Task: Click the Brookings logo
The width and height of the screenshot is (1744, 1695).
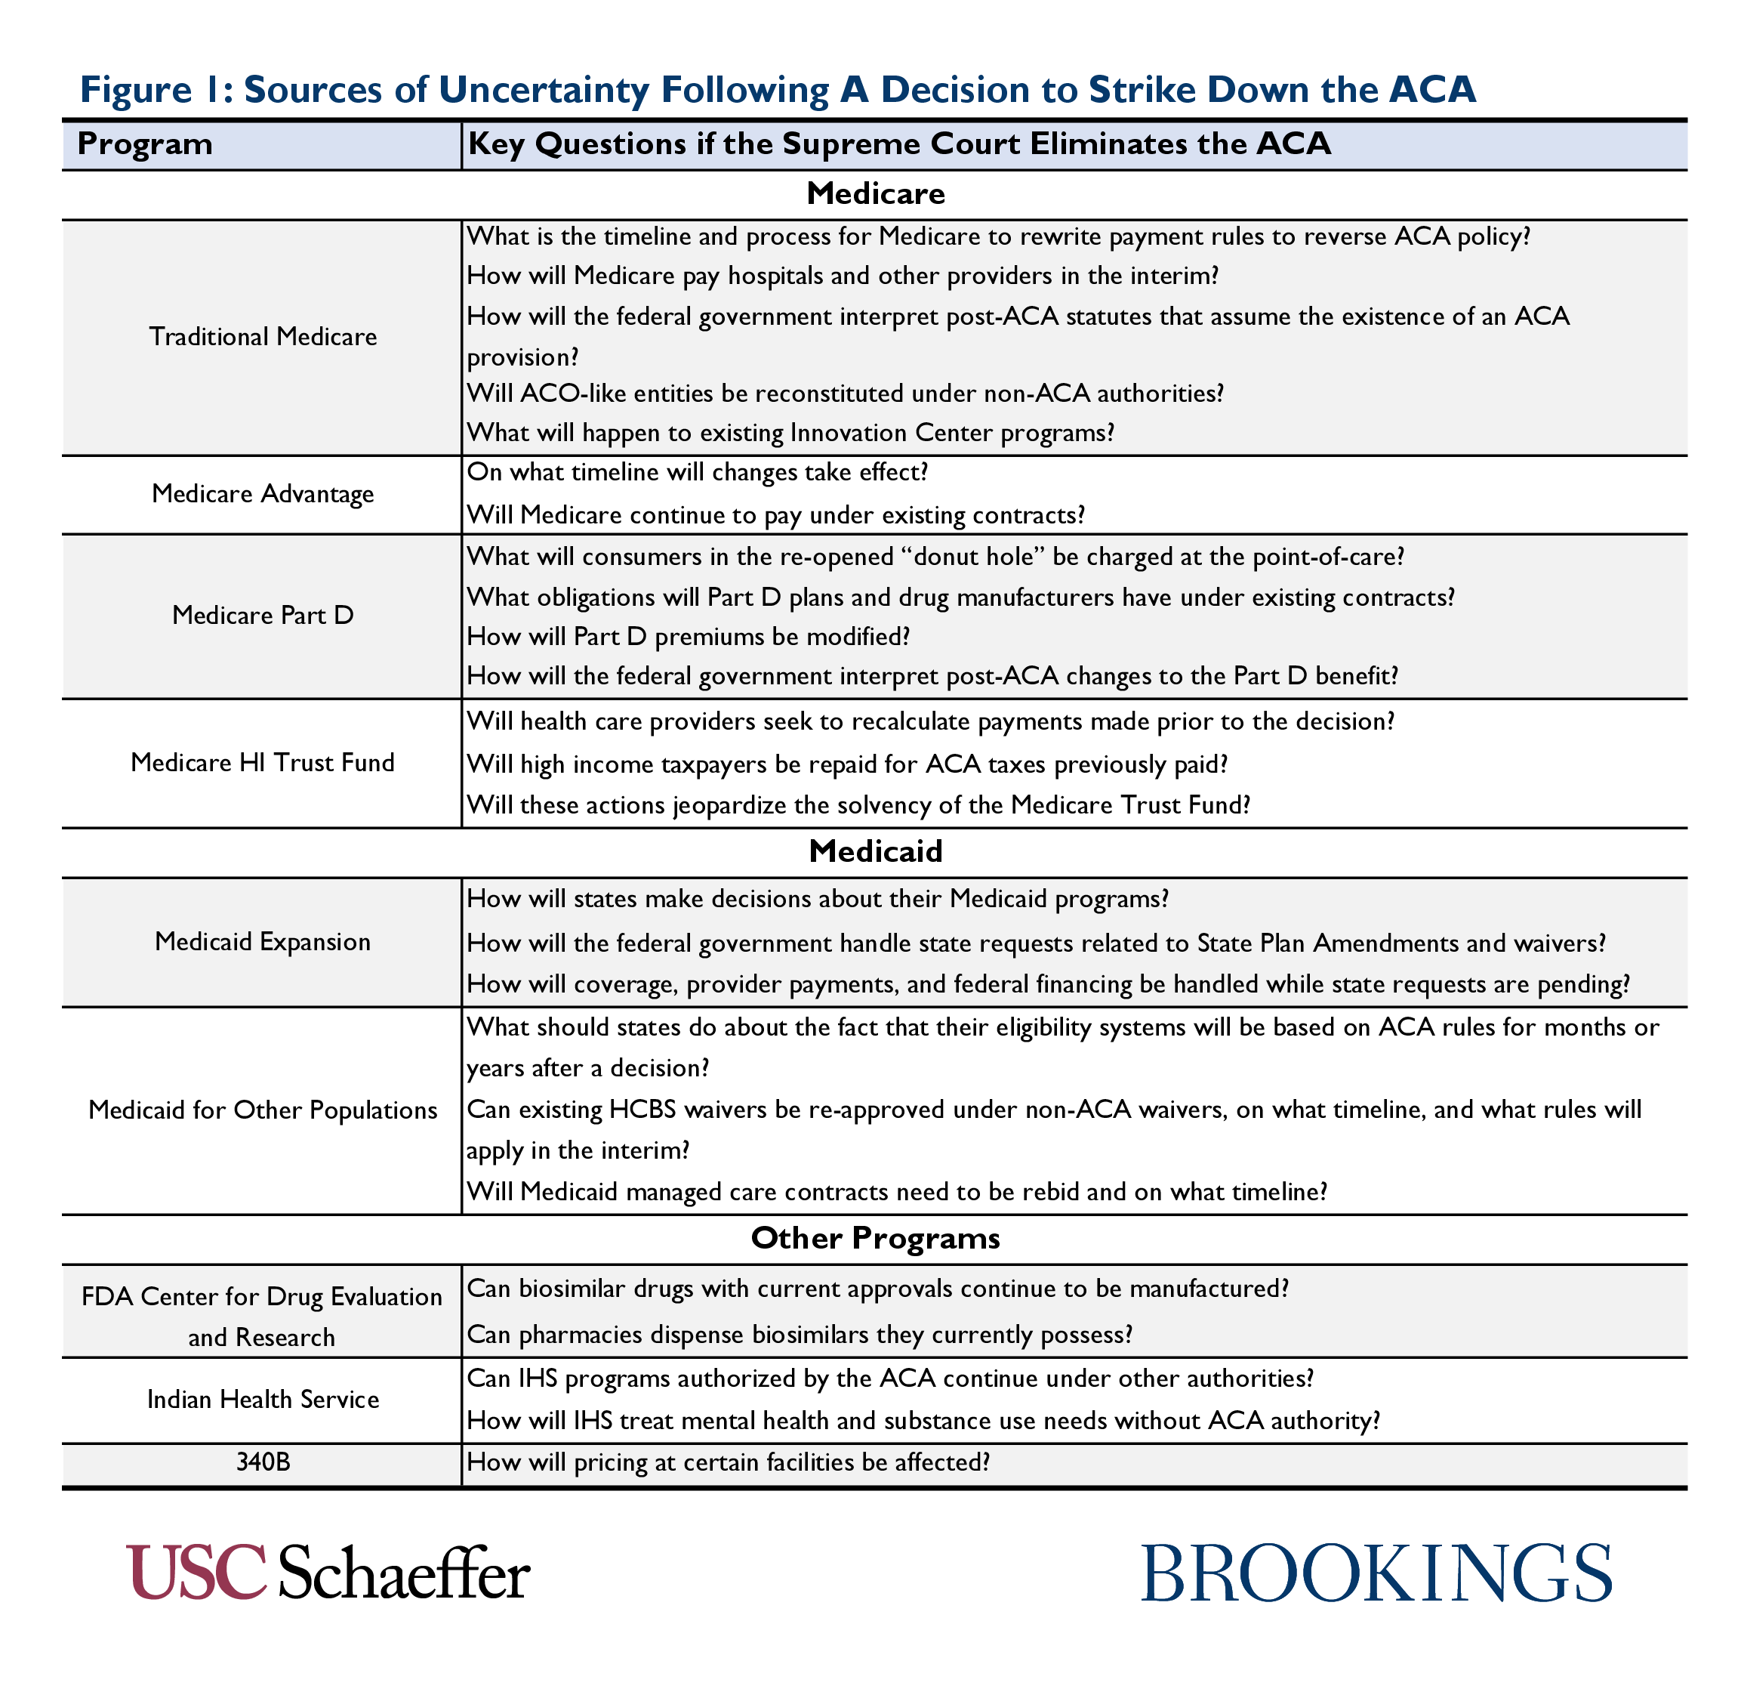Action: (x=1376, y=1573)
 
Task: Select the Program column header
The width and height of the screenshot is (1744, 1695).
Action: (x=145, y=144)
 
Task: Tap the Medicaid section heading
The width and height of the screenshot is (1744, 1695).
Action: (x=876, y=852)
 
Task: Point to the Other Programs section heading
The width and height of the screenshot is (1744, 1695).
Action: (x=876, y=1238)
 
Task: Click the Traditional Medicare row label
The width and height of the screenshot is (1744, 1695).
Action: (x=263, y=337)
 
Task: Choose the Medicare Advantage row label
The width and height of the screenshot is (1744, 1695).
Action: (x=263, y=494)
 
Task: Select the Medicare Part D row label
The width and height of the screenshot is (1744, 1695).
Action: (x=263, y=615)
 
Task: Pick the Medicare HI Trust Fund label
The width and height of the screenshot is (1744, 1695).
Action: (x=263, y=763)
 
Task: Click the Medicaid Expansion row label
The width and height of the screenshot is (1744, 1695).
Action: (x=263, y=942)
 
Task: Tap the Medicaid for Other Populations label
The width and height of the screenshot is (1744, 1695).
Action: (x=263, y=1110)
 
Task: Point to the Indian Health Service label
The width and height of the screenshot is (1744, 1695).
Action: (x=263, y=1400)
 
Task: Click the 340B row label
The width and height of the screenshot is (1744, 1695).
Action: (x=263, y=1462)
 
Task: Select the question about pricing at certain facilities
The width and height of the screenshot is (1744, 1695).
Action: (x=728, y=1462)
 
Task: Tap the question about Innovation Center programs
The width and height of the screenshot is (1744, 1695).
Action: (x=790, y=433)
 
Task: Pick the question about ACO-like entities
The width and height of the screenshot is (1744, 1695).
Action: (x=846, y=393)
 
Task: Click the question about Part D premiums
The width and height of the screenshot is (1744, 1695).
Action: (x=689, y=637)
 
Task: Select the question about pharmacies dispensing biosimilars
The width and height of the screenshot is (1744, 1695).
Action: (x=799, y=1335)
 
